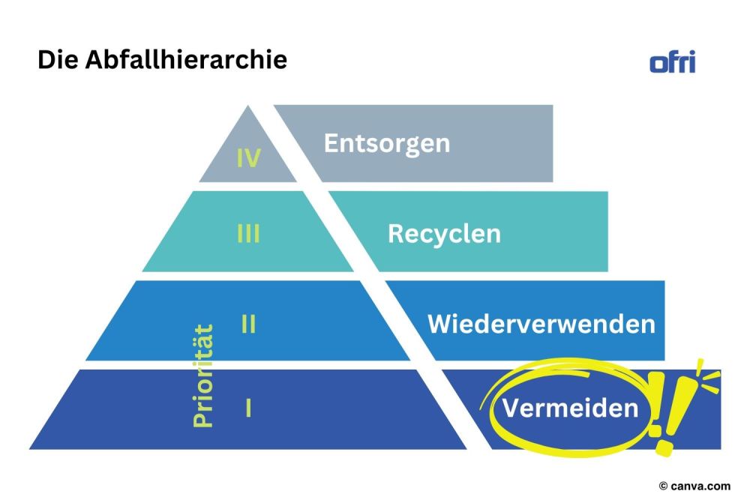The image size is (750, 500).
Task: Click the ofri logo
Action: (x=672, y=61)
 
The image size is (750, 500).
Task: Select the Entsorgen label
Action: (x=386, y=142)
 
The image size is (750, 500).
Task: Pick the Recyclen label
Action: (x=444, y=233)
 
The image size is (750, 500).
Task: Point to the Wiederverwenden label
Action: (x=541, y=324)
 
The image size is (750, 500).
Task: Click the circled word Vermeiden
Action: (x=570, y=409)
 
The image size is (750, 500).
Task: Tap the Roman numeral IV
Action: (x=248, y=158)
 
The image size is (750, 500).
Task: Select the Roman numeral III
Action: (x=248, y=234)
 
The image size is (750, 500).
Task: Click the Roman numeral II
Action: (x=248, y=325)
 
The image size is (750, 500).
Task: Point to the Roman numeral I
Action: (x=248, y=409)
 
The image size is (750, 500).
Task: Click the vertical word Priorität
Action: (x=202, y=376)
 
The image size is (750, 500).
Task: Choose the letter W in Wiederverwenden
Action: (x=439, y=324)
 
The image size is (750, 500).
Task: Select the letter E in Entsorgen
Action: (x=331, y=142)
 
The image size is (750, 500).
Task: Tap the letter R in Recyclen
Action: (x=395, y=233)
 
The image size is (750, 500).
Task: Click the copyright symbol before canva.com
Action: (x=663, y=486)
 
